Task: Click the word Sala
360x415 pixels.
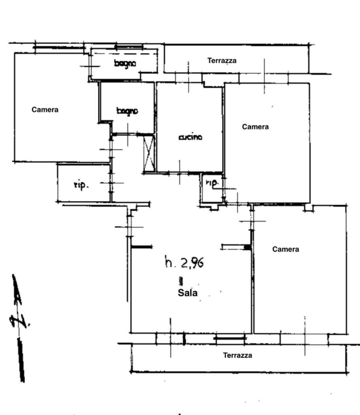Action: click(187, 293)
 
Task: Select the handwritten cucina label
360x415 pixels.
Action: click(190, 137)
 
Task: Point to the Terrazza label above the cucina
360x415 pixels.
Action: click(222, 61)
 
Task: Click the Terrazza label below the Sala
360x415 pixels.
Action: click(238, 356)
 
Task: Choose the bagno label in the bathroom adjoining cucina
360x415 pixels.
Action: click(126, 111)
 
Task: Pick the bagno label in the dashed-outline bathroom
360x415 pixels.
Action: click(124, 63)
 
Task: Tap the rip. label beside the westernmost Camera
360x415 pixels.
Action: click(80, 185)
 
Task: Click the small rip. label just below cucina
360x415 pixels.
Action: click(212, 183)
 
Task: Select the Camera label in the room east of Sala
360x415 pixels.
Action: click(286, 250)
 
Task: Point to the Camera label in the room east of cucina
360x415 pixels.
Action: click(256, 127)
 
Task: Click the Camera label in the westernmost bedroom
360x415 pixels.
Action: click(45, 110)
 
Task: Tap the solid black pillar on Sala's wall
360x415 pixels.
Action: click(247, 247)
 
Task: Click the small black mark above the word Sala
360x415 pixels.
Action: click(181, 281)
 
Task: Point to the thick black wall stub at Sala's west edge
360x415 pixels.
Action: click(140, 247)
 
